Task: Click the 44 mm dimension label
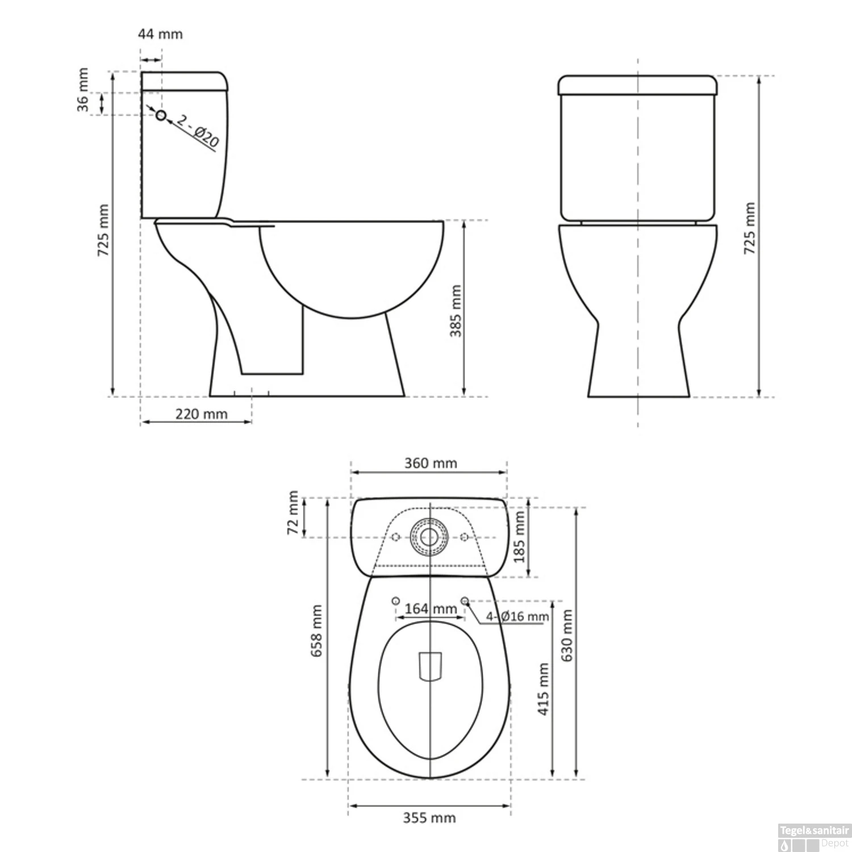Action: point(160,34)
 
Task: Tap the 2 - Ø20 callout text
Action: point(197,131)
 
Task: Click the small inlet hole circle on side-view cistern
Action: point(161,115)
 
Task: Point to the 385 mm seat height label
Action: point(456,311)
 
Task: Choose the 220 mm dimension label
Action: point(201,414)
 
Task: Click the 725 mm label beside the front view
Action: point(750,228)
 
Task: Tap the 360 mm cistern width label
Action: point(431,463)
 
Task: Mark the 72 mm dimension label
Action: point(293,512)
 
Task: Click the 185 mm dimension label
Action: point(519,536)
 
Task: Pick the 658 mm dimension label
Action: point(316,630)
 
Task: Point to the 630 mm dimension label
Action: point(566,635)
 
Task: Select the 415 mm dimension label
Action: point(543,688)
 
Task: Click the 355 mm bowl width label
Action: point(429,818)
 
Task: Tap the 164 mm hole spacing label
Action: point(431,609)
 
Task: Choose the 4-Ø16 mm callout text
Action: point(517,617)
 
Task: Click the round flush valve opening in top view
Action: point(429,537)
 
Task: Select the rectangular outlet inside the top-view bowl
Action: point(430,666)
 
